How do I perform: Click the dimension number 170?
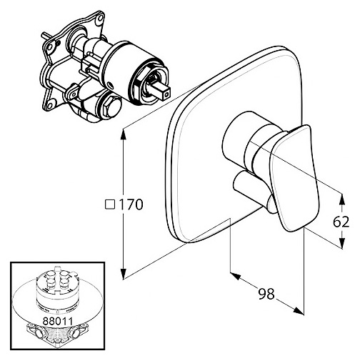[x=131, y=204]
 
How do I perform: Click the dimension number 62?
[x=341, y=222]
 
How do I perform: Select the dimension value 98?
[x=266, y=294]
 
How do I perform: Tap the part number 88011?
[x=57, y=321]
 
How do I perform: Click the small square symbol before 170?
[x=110, y=204]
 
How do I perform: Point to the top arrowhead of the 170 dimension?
[x=123, y=134]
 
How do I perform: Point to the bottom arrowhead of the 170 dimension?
[x=123, y=273]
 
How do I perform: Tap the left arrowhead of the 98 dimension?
[x=236, y=276]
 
